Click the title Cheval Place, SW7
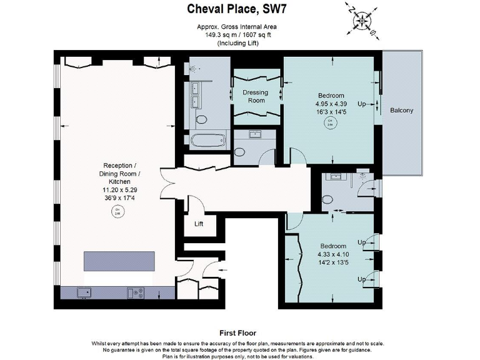click(241, 8)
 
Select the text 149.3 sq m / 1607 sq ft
click(241, 36)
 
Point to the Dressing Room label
click(255, 96)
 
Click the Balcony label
click(401, 111)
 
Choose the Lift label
click(199, 223)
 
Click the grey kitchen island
click(119, 261)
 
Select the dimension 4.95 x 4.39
click(331, 104)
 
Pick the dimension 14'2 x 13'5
click(321, 263)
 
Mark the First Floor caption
click(238, 333)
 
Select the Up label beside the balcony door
click(361, 104)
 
